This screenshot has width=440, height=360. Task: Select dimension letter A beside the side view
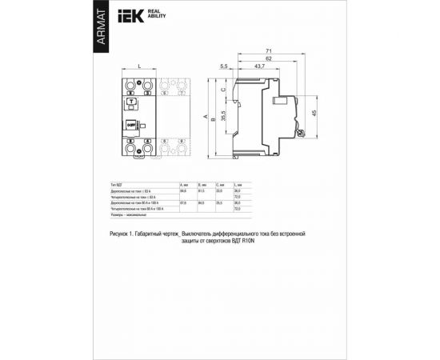coord(206,118)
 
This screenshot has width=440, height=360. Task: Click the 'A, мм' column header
coord(185,185)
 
